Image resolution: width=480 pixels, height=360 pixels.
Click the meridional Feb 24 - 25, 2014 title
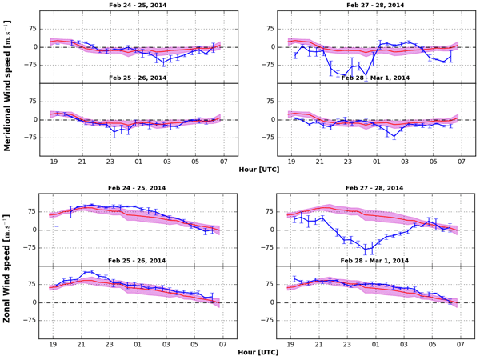click(x=138, y=6)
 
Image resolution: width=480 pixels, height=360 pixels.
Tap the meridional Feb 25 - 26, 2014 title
click(x=138, y=78)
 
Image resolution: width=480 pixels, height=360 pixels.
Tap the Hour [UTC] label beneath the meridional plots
click(x=258, y=169)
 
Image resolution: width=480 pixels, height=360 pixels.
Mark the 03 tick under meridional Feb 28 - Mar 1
click(x=405, y=163)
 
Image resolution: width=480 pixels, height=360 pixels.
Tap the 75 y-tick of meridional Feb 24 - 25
click(x=31, y=29)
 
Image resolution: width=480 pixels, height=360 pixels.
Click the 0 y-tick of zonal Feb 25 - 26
click(x=34, y=302)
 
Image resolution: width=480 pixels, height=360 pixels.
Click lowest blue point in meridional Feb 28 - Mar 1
click(x=394, y=137)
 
